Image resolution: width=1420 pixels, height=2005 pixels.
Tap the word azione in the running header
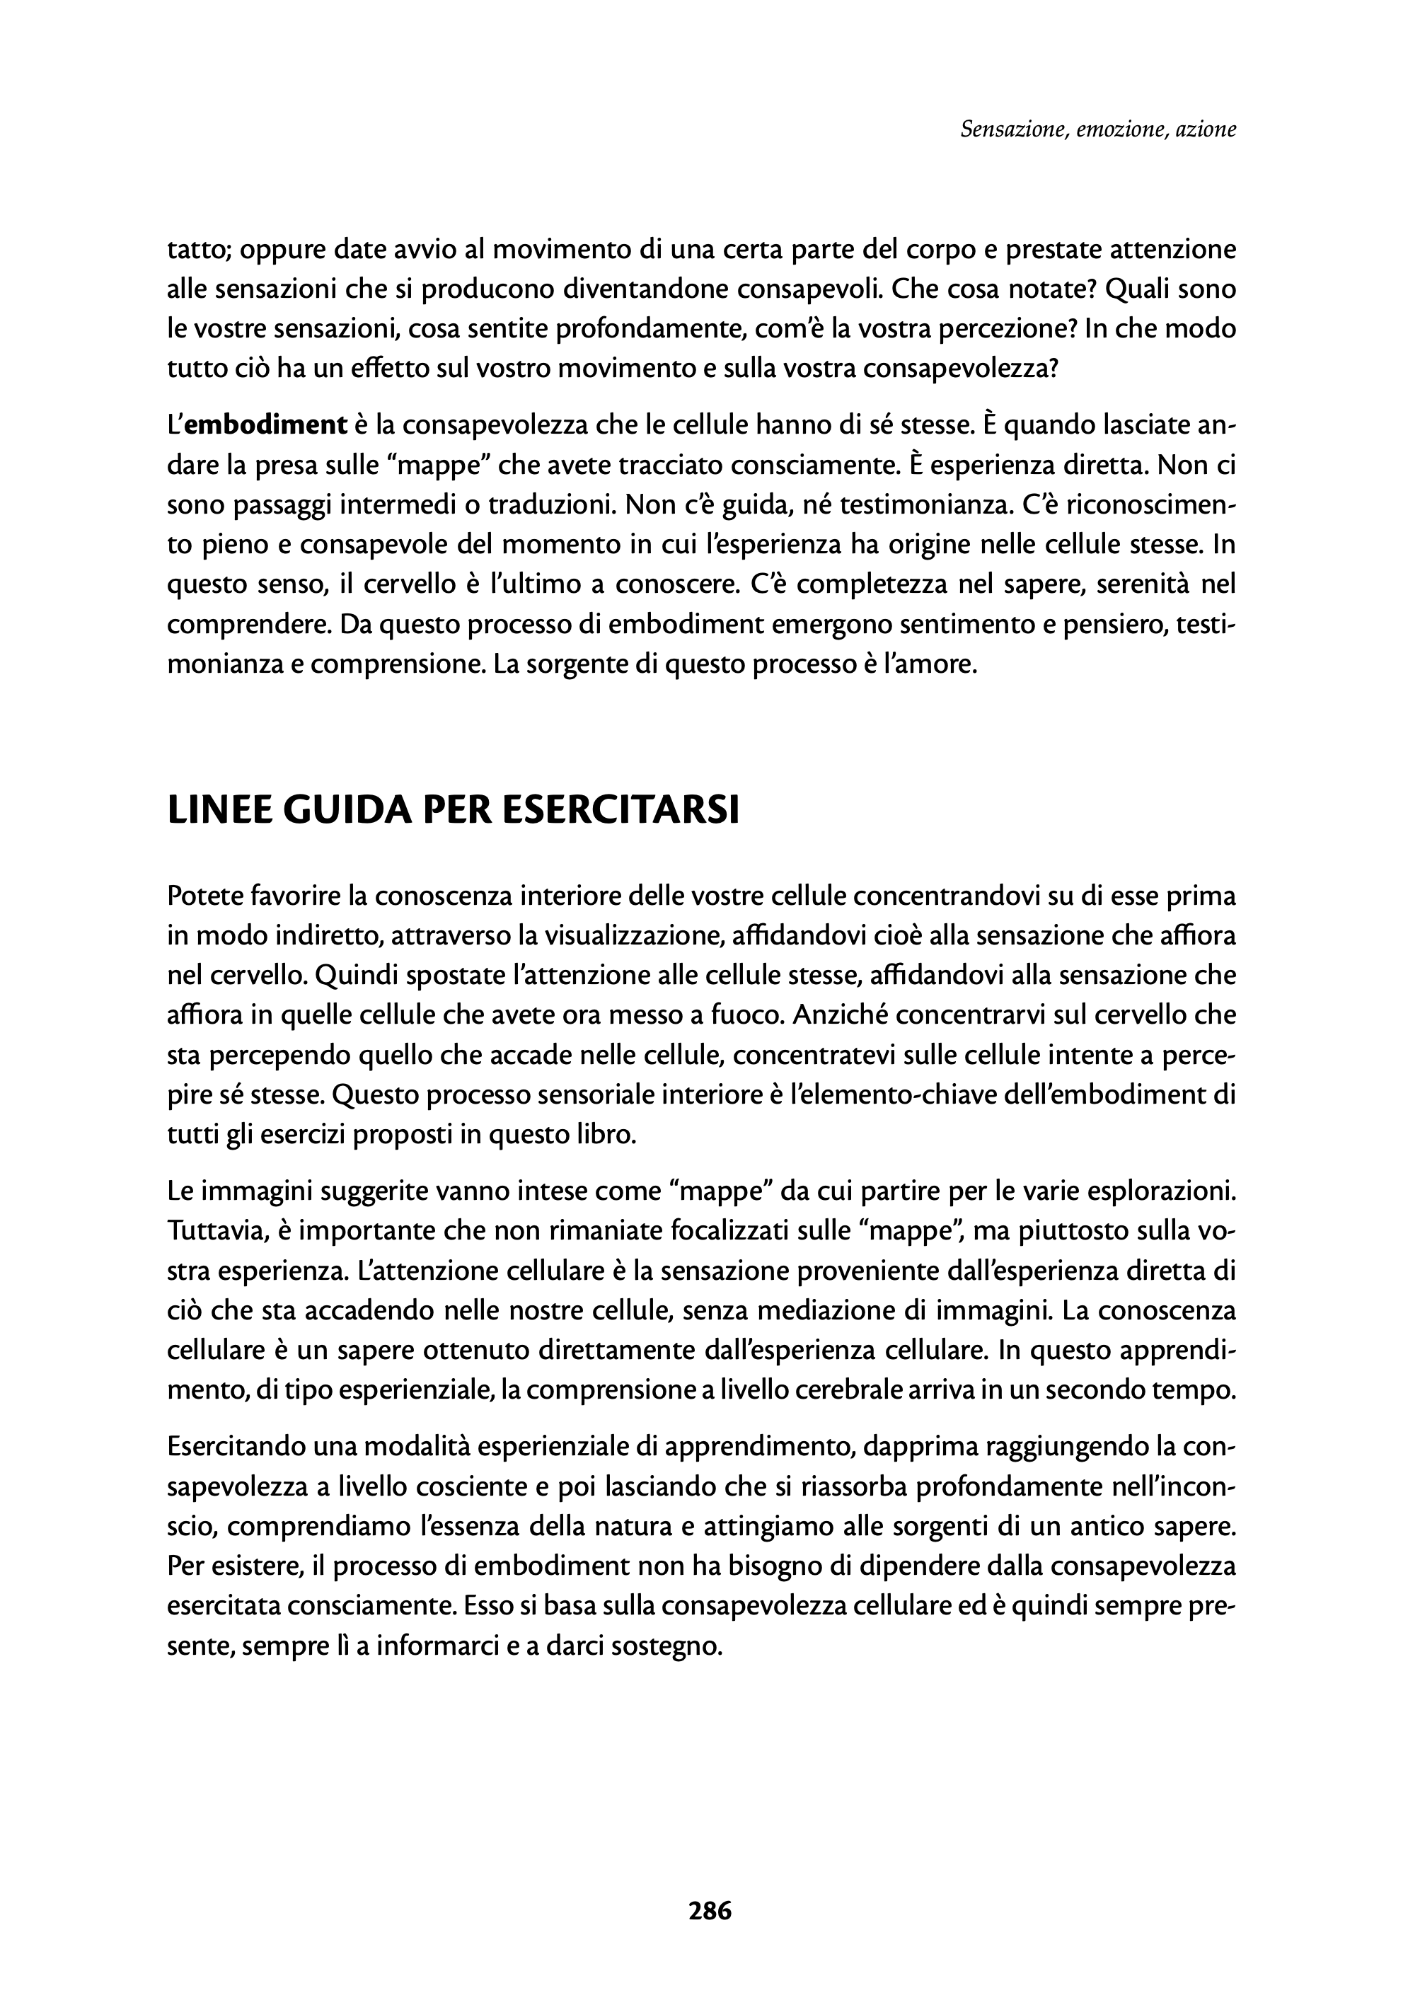tap(1206, 130)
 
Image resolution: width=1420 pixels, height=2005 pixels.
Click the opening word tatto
tap(197, 250)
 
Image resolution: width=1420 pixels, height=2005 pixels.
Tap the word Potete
tap(205, 896)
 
